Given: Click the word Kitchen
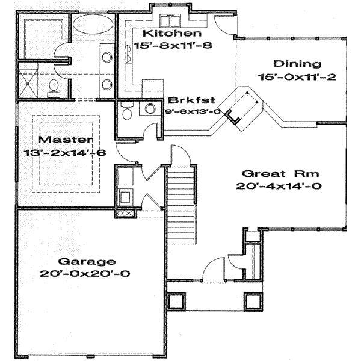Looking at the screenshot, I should tap(164, 33).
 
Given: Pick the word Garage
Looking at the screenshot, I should tap(86, 261).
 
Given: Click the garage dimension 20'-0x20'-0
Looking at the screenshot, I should tap(86, 273).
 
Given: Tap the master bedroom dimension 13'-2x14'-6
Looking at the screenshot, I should tap(65, 153).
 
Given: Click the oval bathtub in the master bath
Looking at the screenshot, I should tap(91, 28).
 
